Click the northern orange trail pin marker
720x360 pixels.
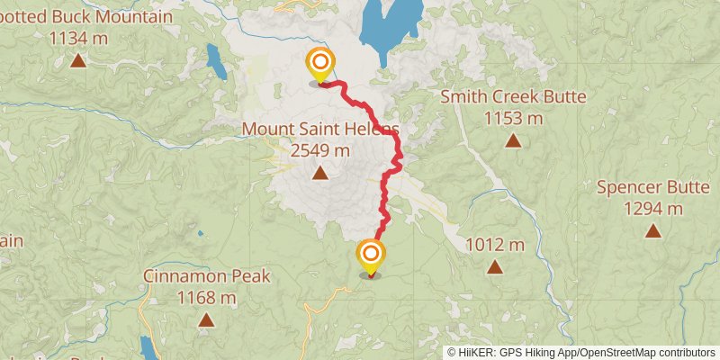tap(319, 64)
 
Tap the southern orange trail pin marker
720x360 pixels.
tap(370, 256)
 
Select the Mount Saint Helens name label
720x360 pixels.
tap(320, 130)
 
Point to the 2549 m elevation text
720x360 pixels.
tap(320, 150)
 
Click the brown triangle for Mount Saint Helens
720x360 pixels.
tap(320, 174)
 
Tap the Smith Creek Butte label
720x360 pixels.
tap(513, 97)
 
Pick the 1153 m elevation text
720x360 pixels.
tap(513, 118)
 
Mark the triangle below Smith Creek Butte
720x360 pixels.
tap(513, 140)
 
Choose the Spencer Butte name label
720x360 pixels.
tap(652, 188)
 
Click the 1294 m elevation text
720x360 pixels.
tap(652, 209)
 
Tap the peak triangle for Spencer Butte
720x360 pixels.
tap(652, 231)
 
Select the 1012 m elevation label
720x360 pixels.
tap(494, 245)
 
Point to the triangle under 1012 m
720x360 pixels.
tap(494, 266)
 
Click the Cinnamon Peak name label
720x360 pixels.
tap(206, 276)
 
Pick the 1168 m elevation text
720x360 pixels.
tap(206, 297)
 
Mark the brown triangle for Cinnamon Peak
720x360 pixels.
tap(206, 319)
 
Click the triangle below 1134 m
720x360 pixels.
tap(78, 60)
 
